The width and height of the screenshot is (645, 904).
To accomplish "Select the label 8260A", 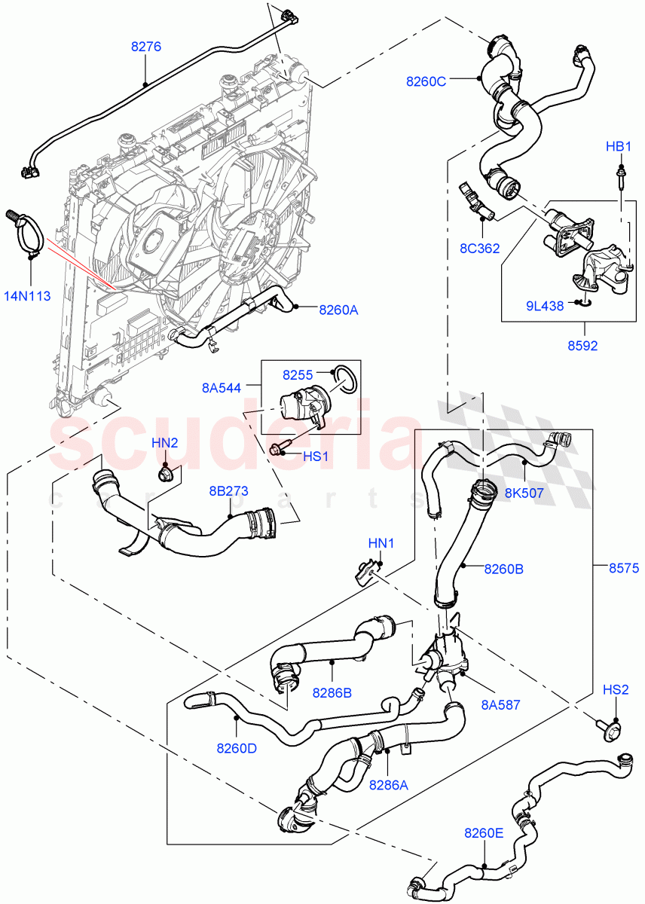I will pos(338,308).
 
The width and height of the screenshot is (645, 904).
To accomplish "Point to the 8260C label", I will pos(426,81).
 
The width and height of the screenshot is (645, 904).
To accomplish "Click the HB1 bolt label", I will pos(618,146).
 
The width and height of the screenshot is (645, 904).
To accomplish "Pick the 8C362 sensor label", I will pos(479,247).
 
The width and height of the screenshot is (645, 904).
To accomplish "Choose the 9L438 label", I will pos(543,306).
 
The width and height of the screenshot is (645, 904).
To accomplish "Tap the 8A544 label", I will pos(222,389).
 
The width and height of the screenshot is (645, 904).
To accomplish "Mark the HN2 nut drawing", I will pos(165,475).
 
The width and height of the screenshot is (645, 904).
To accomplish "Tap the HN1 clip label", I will pos(381,542).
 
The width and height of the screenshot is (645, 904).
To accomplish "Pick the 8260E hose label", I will pos(485,833).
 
